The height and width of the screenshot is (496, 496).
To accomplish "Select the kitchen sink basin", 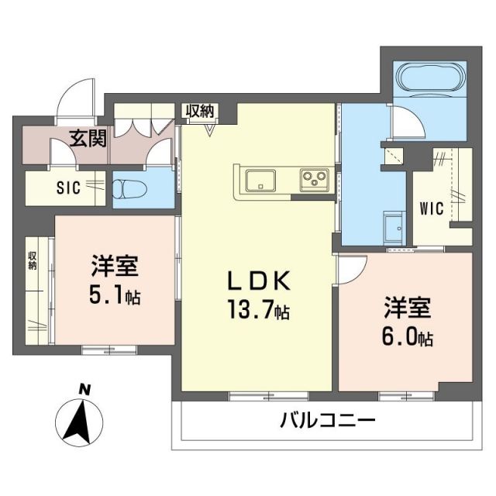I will pos(260,181).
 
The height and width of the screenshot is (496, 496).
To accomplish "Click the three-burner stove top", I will pos(315,180).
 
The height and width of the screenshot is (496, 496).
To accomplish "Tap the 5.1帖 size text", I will pos(114,296).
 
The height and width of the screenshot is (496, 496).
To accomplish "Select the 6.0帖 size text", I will pos(406,337).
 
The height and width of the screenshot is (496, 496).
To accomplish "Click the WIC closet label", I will pos(432,209).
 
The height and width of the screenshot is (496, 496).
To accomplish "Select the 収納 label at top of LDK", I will pos(199,111).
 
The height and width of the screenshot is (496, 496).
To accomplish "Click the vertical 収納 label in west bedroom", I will pos(33,260).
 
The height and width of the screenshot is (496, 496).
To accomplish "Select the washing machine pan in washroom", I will pos(391,226).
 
